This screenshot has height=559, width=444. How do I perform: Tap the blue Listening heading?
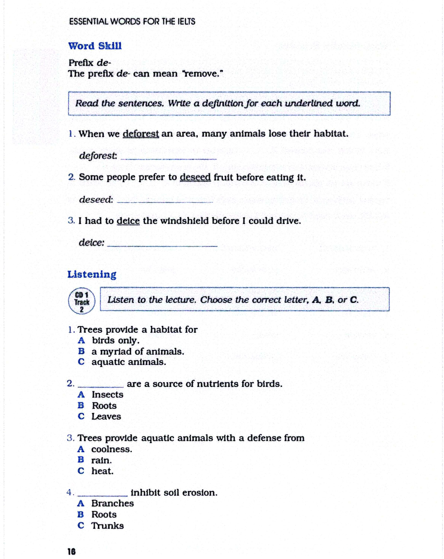92,274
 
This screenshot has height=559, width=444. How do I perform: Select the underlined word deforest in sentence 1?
141,134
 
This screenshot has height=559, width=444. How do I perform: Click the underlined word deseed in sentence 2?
195,177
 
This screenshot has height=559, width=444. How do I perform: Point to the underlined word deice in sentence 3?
128,221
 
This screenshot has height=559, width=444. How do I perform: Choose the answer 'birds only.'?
116,340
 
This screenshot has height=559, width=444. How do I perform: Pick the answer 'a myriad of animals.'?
138,352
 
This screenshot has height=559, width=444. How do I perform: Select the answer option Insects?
108,395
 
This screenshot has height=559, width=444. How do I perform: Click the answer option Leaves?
106,416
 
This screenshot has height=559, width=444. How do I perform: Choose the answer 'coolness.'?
112,449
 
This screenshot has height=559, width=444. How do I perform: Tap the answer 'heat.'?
102,471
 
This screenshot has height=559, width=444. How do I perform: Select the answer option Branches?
112,503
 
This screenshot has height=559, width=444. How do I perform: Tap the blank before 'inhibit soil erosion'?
102,494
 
